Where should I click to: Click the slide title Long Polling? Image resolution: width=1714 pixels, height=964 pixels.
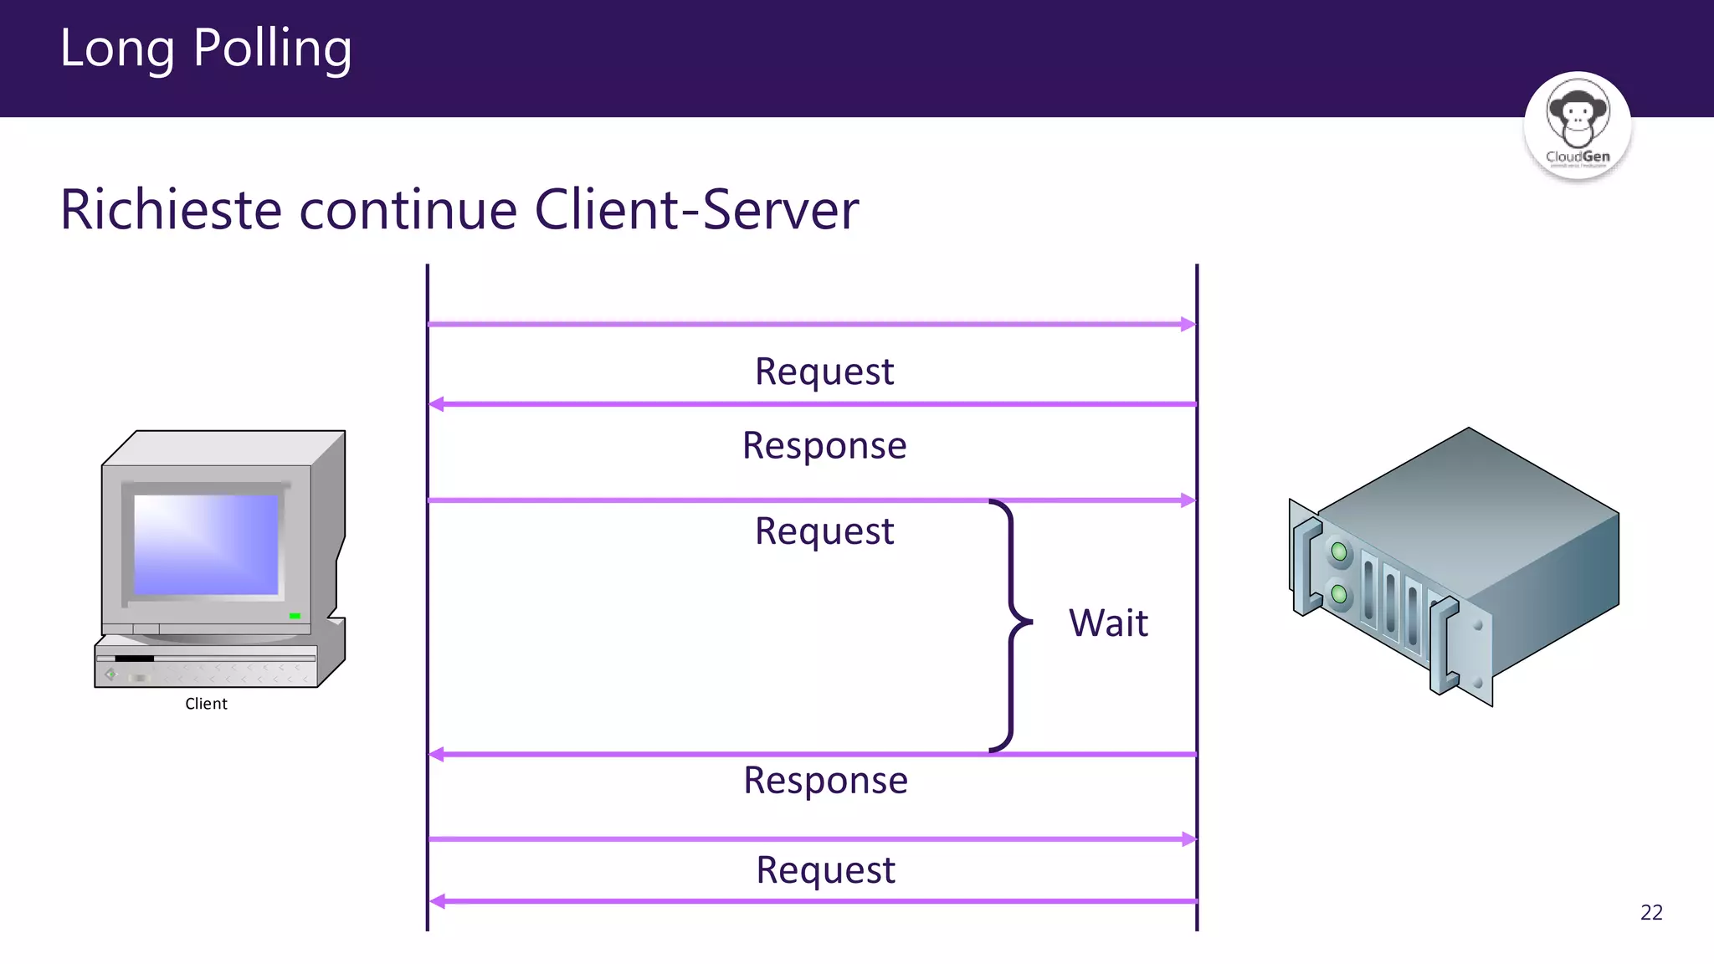coord(205,49)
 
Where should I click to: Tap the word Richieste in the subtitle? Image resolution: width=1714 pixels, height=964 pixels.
coord(171,209)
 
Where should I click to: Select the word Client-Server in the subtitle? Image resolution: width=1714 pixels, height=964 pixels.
coord(696,209)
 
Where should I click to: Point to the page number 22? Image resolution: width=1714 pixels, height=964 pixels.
coord(1651,912)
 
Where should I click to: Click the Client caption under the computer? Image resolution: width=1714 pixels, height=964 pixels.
coord(206,704)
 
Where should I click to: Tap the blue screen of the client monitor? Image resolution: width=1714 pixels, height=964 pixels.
coord(206,544)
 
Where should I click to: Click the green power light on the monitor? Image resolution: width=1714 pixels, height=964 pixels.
coord(295,616)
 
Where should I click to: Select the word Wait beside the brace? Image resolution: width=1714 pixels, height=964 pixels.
coord(1108,623)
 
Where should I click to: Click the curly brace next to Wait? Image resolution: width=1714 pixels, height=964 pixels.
coord(1012,623)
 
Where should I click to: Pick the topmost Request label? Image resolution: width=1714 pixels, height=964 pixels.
coord(824,372)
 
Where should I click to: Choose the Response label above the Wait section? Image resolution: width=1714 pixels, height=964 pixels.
coord(824,445)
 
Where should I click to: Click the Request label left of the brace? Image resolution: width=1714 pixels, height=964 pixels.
coord(824,531)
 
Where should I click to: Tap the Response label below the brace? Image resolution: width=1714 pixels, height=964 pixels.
coord(825,780)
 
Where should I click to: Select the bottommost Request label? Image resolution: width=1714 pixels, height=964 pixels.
coord(825,869)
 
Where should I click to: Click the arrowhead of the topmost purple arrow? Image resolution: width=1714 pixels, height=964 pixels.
coord(1188,324)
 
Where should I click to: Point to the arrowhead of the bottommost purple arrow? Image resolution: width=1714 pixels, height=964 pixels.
coord(437,901)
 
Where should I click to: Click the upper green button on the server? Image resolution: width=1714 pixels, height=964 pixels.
coord(1339,551)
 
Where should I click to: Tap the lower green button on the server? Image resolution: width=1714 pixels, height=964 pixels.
coord(1339,594)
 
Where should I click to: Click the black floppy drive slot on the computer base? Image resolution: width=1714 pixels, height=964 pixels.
coord(134,659)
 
